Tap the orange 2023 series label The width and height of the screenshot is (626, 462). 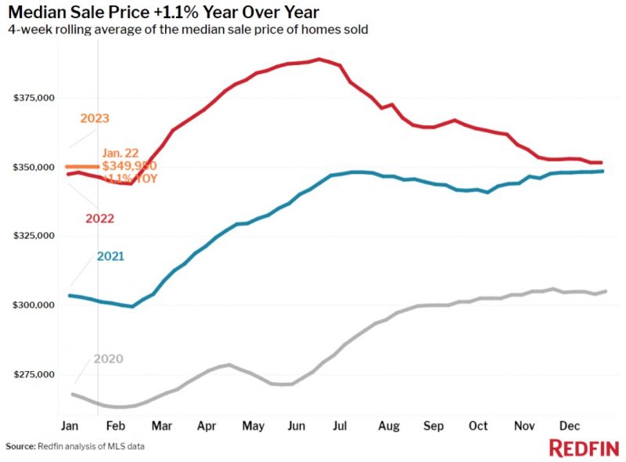pos(95,119)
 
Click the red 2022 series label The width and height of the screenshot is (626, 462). pos(99,218)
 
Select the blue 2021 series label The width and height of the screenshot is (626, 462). pos(110,256)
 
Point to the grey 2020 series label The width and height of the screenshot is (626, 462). pos(108,359)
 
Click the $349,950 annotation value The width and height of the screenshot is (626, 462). pos(130,166)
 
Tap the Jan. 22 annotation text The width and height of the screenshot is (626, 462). pos(121,153)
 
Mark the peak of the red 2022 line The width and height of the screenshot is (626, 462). pos(318,59)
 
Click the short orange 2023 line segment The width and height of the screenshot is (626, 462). pos(82,166)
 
